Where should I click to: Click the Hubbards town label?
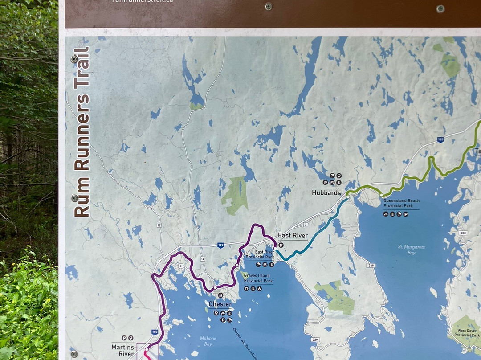[x=326, y=193]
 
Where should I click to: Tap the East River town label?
[x=293, y=235]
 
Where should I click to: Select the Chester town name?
[x=220, y=304]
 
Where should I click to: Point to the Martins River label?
[x=123, y=350]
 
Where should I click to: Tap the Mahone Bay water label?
[x=208, y=341]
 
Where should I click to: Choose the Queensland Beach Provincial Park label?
[x=401, y=203]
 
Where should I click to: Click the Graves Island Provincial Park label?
[x=258, y=278]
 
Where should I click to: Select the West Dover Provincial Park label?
[x=466, y=333]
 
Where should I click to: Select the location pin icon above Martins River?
[x=130, y=338]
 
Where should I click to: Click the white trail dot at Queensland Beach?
[x=382, y=195]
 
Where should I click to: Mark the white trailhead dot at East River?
[x=275, y=248]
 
